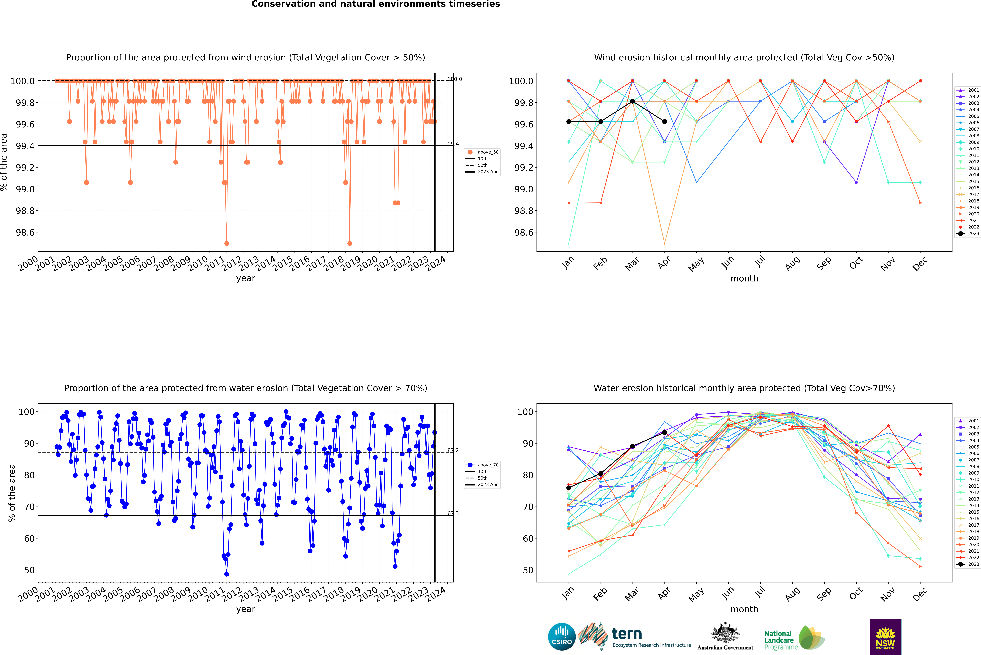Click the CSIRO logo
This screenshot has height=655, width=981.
[x=562, y=637]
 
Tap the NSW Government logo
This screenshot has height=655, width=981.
[x=885, y=637]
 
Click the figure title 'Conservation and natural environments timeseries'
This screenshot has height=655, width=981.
[x=375, y=4]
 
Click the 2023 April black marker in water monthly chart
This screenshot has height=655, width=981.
[x=664, y=432]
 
